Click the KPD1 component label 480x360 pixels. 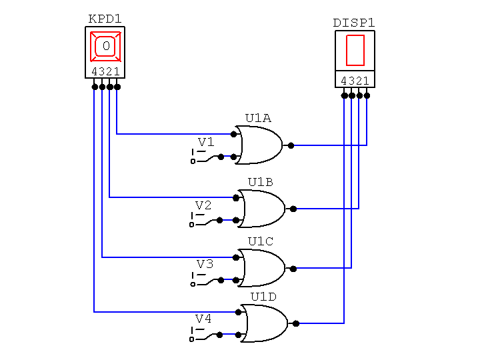pyautogui.click(x=105, y=19)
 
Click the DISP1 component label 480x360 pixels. pyautogui.click(x=354, y=23)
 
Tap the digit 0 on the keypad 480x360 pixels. pyautogui.click(x=105, y=46)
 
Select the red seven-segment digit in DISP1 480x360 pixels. pyautogui.click(x=355, y=51)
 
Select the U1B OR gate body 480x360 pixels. pyautogui.click(x=263, y=209)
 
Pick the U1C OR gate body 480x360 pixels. pyautogui.click(x=263, y=268)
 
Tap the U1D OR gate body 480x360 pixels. pyautogui.click(x=265, y=323)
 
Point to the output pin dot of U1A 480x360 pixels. pyautogui.click(x=290, y=145)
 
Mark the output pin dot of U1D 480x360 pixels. pyautogui.click(x=296, y=323)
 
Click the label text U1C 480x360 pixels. pyautogui.click(x=261, y=241)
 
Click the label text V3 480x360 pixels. pyautogui.click(x=205, y=264)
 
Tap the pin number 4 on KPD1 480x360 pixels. pyautogui.click(x=94, y=72)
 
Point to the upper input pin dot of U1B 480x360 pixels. pyautogui.click(x=236, y=197)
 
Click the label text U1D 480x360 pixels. pyautogui.click(x=263, y=297)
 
